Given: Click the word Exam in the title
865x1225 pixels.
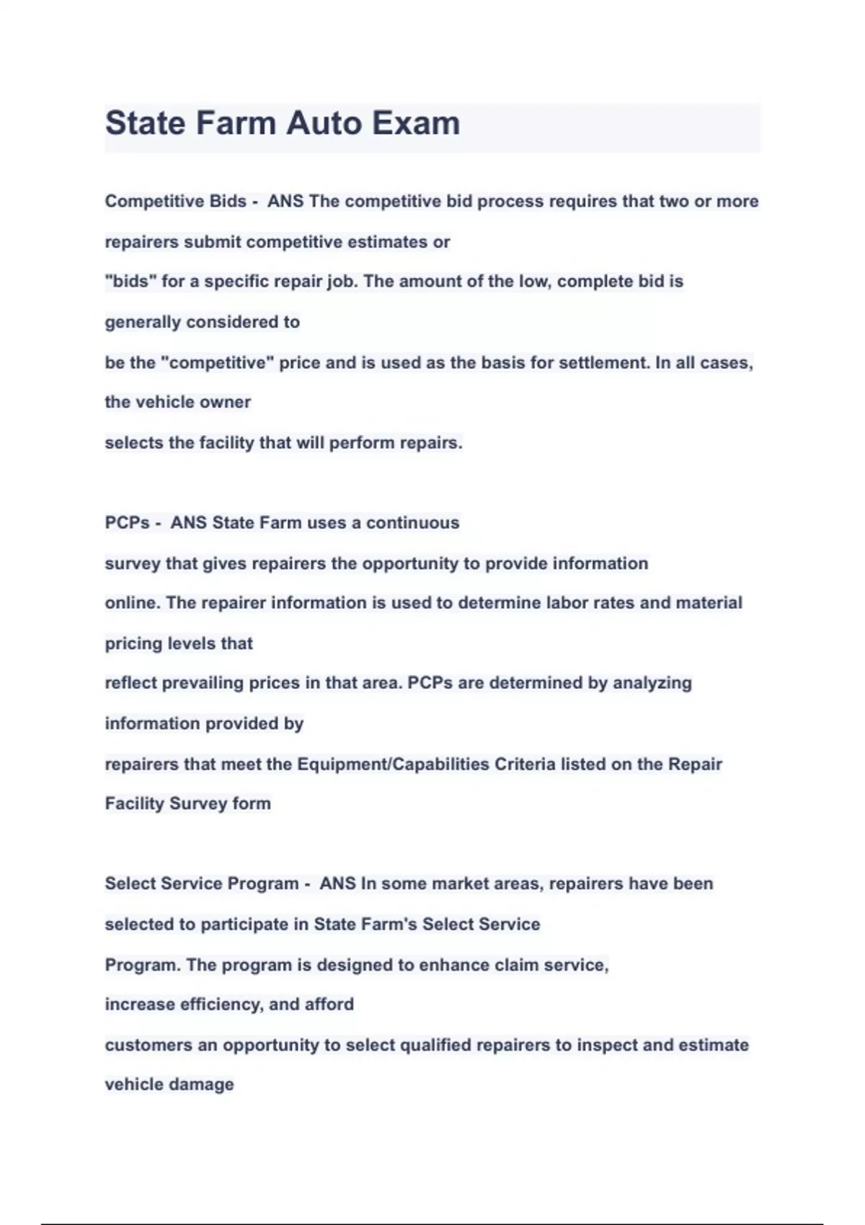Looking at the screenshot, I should click(x=415, y=122).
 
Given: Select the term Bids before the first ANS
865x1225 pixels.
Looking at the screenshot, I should click(x=228, y=201).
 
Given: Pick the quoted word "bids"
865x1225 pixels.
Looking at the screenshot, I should click(x=130, y=281).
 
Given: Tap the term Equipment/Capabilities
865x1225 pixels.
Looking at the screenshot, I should click(x=393, y=764).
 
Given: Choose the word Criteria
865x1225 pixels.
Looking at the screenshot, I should click(x=524, y=764).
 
